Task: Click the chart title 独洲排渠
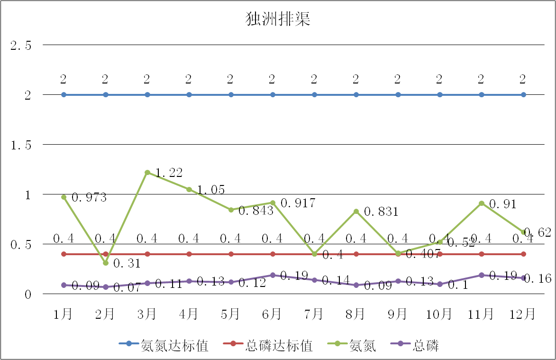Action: [x=278, y=19]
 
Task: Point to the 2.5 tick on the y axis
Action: [x=21, y=46]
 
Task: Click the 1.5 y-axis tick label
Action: [x=21, y=145]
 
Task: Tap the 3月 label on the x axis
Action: [x=147, y=314]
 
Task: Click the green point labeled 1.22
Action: [x=147, y=172]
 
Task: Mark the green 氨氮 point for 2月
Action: [x=106, y=263]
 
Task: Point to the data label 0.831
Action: [x=382, y=212]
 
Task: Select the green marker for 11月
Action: [x=482, y=203]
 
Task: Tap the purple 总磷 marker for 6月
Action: [x=273, y=275]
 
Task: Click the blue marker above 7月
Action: [x=314, y=95]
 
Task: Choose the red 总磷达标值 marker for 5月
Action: [x=231, y=254]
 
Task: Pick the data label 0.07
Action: [x=127, y=287]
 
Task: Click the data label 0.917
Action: [x=298, y=203]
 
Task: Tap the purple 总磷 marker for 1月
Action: [x=64, y=285]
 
